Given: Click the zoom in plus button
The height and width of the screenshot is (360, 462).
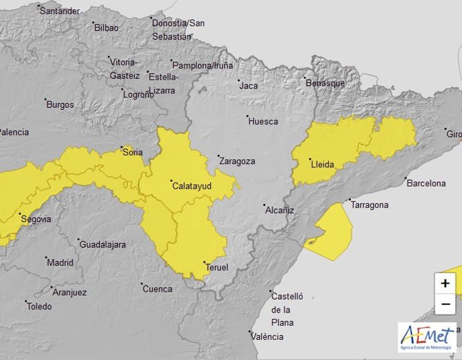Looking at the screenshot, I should coord(445,283).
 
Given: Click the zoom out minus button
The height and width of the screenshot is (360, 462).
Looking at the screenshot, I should coord(445,304).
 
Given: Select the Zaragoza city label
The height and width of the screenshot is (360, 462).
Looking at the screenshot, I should coord(237,161).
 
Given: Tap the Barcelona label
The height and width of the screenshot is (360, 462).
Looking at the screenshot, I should coord(426,183).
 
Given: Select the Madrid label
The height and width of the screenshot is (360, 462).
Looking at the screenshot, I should coord(60,262).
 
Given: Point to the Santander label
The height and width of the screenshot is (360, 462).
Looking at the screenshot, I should coord(60,11).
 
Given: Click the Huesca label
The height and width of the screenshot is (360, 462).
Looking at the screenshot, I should coord(262,121).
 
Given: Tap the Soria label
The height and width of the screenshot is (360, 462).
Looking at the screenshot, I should coord(133,152).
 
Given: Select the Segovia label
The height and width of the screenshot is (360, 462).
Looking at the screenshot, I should coord(36,219).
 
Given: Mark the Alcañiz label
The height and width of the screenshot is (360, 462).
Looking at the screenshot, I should coord(279,209).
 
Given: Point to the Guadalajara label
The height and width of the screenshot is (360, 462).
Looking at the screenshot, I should coord(102,244).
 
